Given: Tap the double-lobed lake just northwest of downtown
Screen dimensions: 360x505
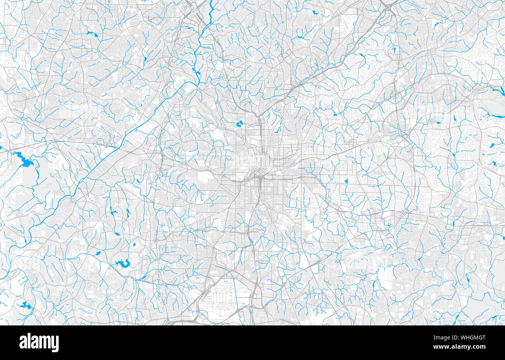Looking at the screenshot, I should coord(238,125).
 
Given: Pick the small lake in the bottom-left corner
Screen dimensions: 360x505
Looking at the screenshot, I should coord(23,304).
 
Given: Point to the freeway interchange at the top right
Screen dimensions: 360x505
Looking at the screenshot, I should coord(387,6).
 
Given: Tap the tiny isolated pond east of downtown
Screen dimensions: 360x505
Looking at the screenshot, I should coord(346,180).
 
